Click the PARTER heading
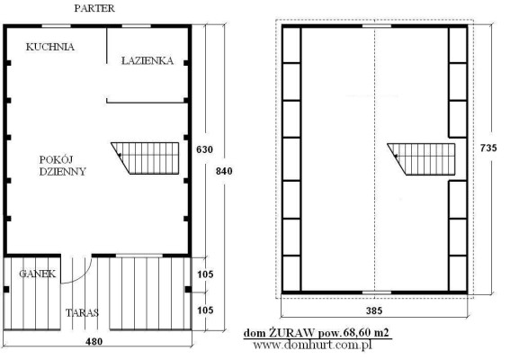point(94,8)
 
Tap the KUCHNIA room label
point(50,47)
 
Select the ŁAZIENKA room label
point(148,60)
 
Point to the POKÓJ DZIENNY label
point(62,166)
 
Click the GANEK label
point(38,274)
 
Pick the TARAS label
point(82,313)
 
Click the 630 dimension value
point(204,149)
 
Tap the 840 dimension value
point(224,171)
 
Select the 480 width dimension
point(94,341)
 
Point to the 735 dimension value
point(488,148)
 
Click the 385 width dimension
point(374,310)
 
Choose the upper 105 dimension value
point(205,274)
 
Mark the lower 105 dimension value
point(205,310)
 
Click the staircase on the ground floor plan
point(145,158)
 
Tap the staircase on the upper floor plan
point(421,159)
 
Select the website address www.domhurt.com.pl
point(312,345)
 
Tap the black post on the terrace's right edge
point(188,290)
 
